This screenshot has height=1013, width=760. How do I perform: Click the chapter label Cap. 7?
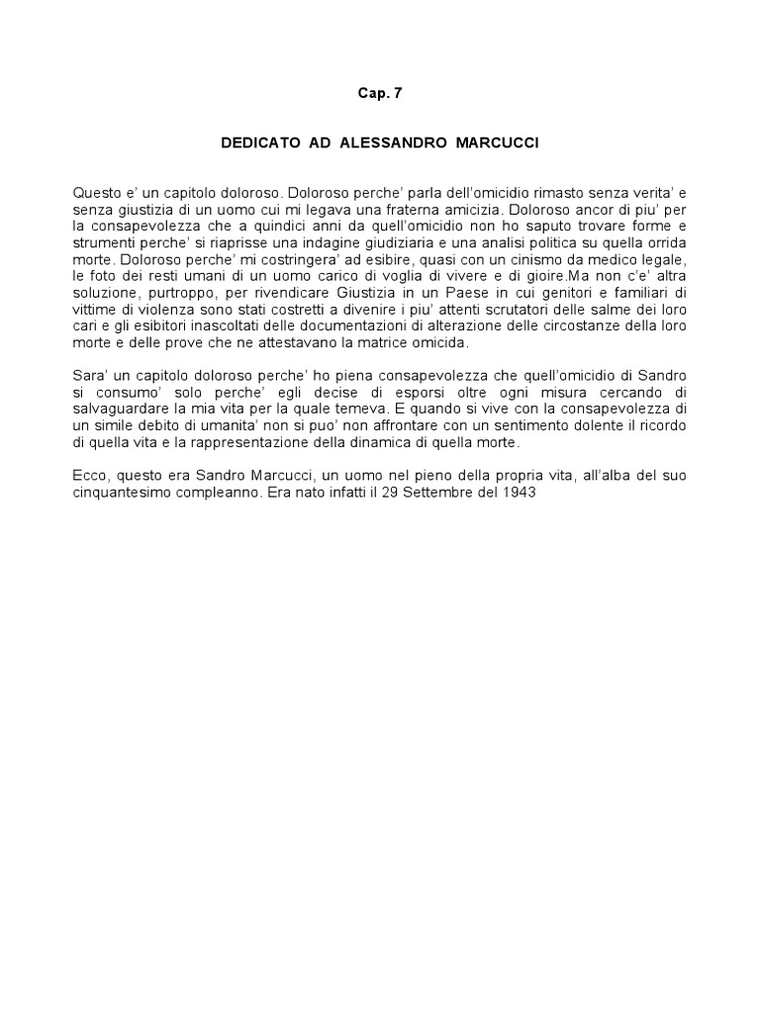[380, 93]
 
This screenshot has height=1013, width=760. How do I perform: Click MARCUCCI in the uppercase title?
[498, 143]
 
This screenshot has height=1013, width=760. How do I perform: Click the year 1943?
[519, 494]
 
